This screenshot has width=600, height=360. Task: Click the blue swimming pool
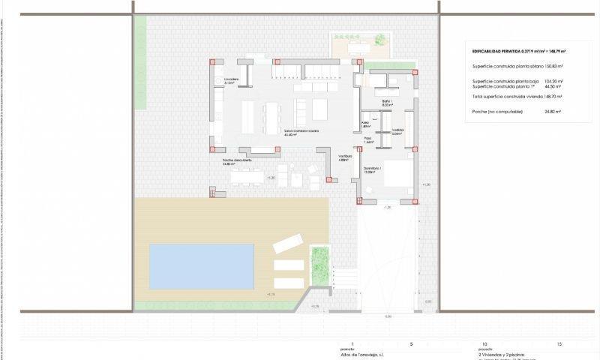coord(202,266)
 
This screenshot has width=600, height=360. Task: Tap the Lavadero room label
coord(230,81)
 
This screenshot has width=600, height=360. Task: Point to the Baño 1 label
coord(387,102)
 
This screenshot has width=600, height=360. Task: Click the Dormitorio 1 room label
coord(373,170)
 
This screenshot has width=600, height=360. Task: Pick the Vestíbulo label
coord(344,157)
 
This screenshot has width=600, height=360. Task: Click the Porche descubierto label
coord(236,161)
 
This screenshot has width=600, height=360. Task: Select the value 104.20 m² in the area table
coord(553,80)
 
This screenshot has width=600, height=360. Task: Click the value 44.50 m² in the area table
coord(553,86)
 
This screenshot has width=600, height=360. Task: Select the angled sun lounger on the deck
coord(287,243)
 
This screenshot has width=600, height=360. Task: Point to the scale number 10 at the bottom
coord(484,343)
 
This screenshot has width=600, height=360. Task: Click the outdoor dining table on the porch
coord(246,177)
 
